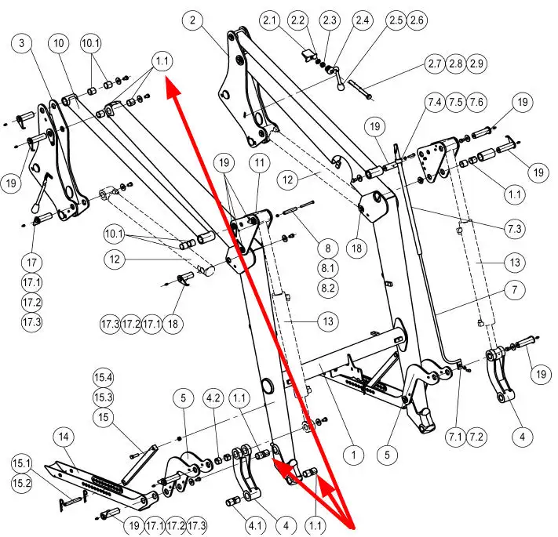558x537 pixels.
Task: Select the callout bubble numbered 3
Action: [x=22, y=43]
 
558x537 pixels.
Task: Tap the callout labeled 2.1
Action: [x=272, y=20]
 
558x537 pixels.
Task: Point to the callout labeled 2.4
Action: [x=363, y=20]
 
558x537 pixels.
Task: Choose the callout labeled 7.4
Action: [x=434, y=103]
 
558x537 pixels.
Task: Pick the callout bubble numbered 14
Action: [x=63, y=436]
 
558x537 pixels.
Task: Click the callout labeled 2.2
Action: [x=297, y=20]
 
